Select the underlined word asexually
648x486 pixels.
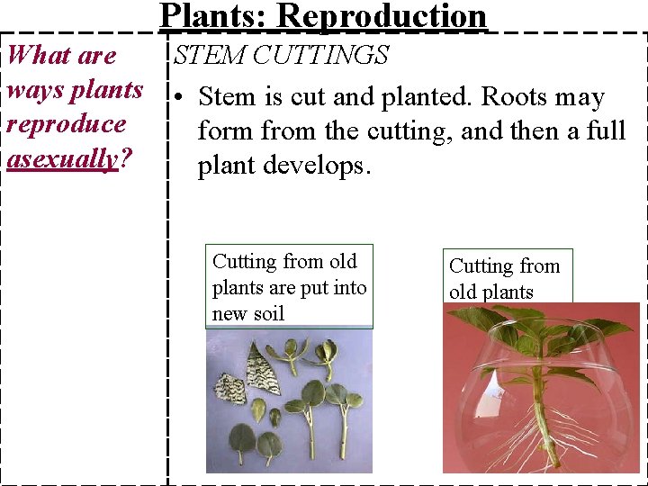[62, 159]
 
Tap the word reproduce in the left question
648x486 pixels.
[66, 124]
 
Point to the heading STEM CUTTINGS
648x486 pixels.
[281, 55]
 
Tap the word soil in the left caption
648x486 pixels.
[268, 313]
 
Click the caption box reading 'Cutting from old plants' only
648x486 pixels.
[508, 278]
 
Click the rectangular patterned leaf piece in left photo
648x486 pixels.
[229, 389]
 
